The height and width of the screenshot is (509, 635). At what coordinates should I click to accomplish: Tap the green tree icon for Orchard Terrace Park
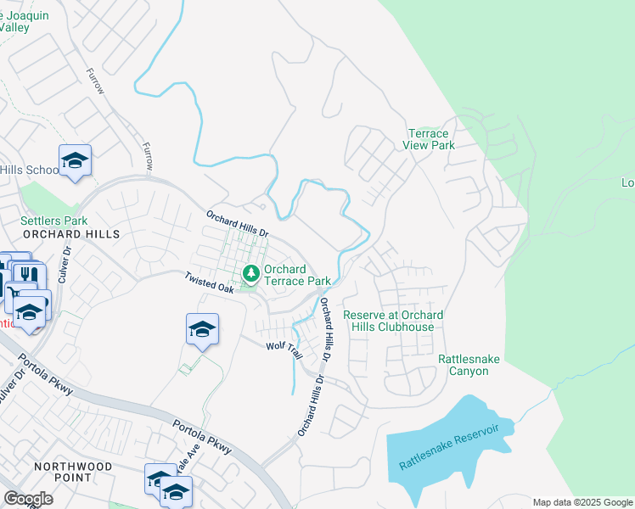tap(251, 274)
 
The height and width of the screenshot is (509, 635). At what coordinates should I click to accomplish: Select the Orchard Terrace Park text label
tap(296, 275)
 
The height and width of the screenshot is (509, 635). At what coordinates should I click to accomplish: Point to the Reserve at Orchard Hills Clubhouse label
tap(393, 321)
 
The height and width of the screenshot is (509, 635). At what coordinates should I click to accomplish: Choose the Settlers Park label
tap(53, 221)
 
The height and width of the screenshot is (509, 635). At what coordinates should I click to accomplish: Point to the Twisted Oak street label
tap(210, 283)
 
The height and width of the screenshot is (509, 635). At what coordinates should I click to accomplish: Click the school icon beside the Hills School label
tap(75, 160)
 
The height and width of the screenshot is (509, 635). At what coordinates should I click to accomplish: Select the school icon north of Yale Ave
tap(202, 328)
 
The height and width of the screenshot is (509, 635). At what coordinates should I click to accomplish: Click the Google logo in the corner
tap(28, 498)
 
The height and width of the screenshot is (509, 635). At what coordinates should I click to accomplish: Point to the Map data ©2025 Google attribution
tap(582, 502)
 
